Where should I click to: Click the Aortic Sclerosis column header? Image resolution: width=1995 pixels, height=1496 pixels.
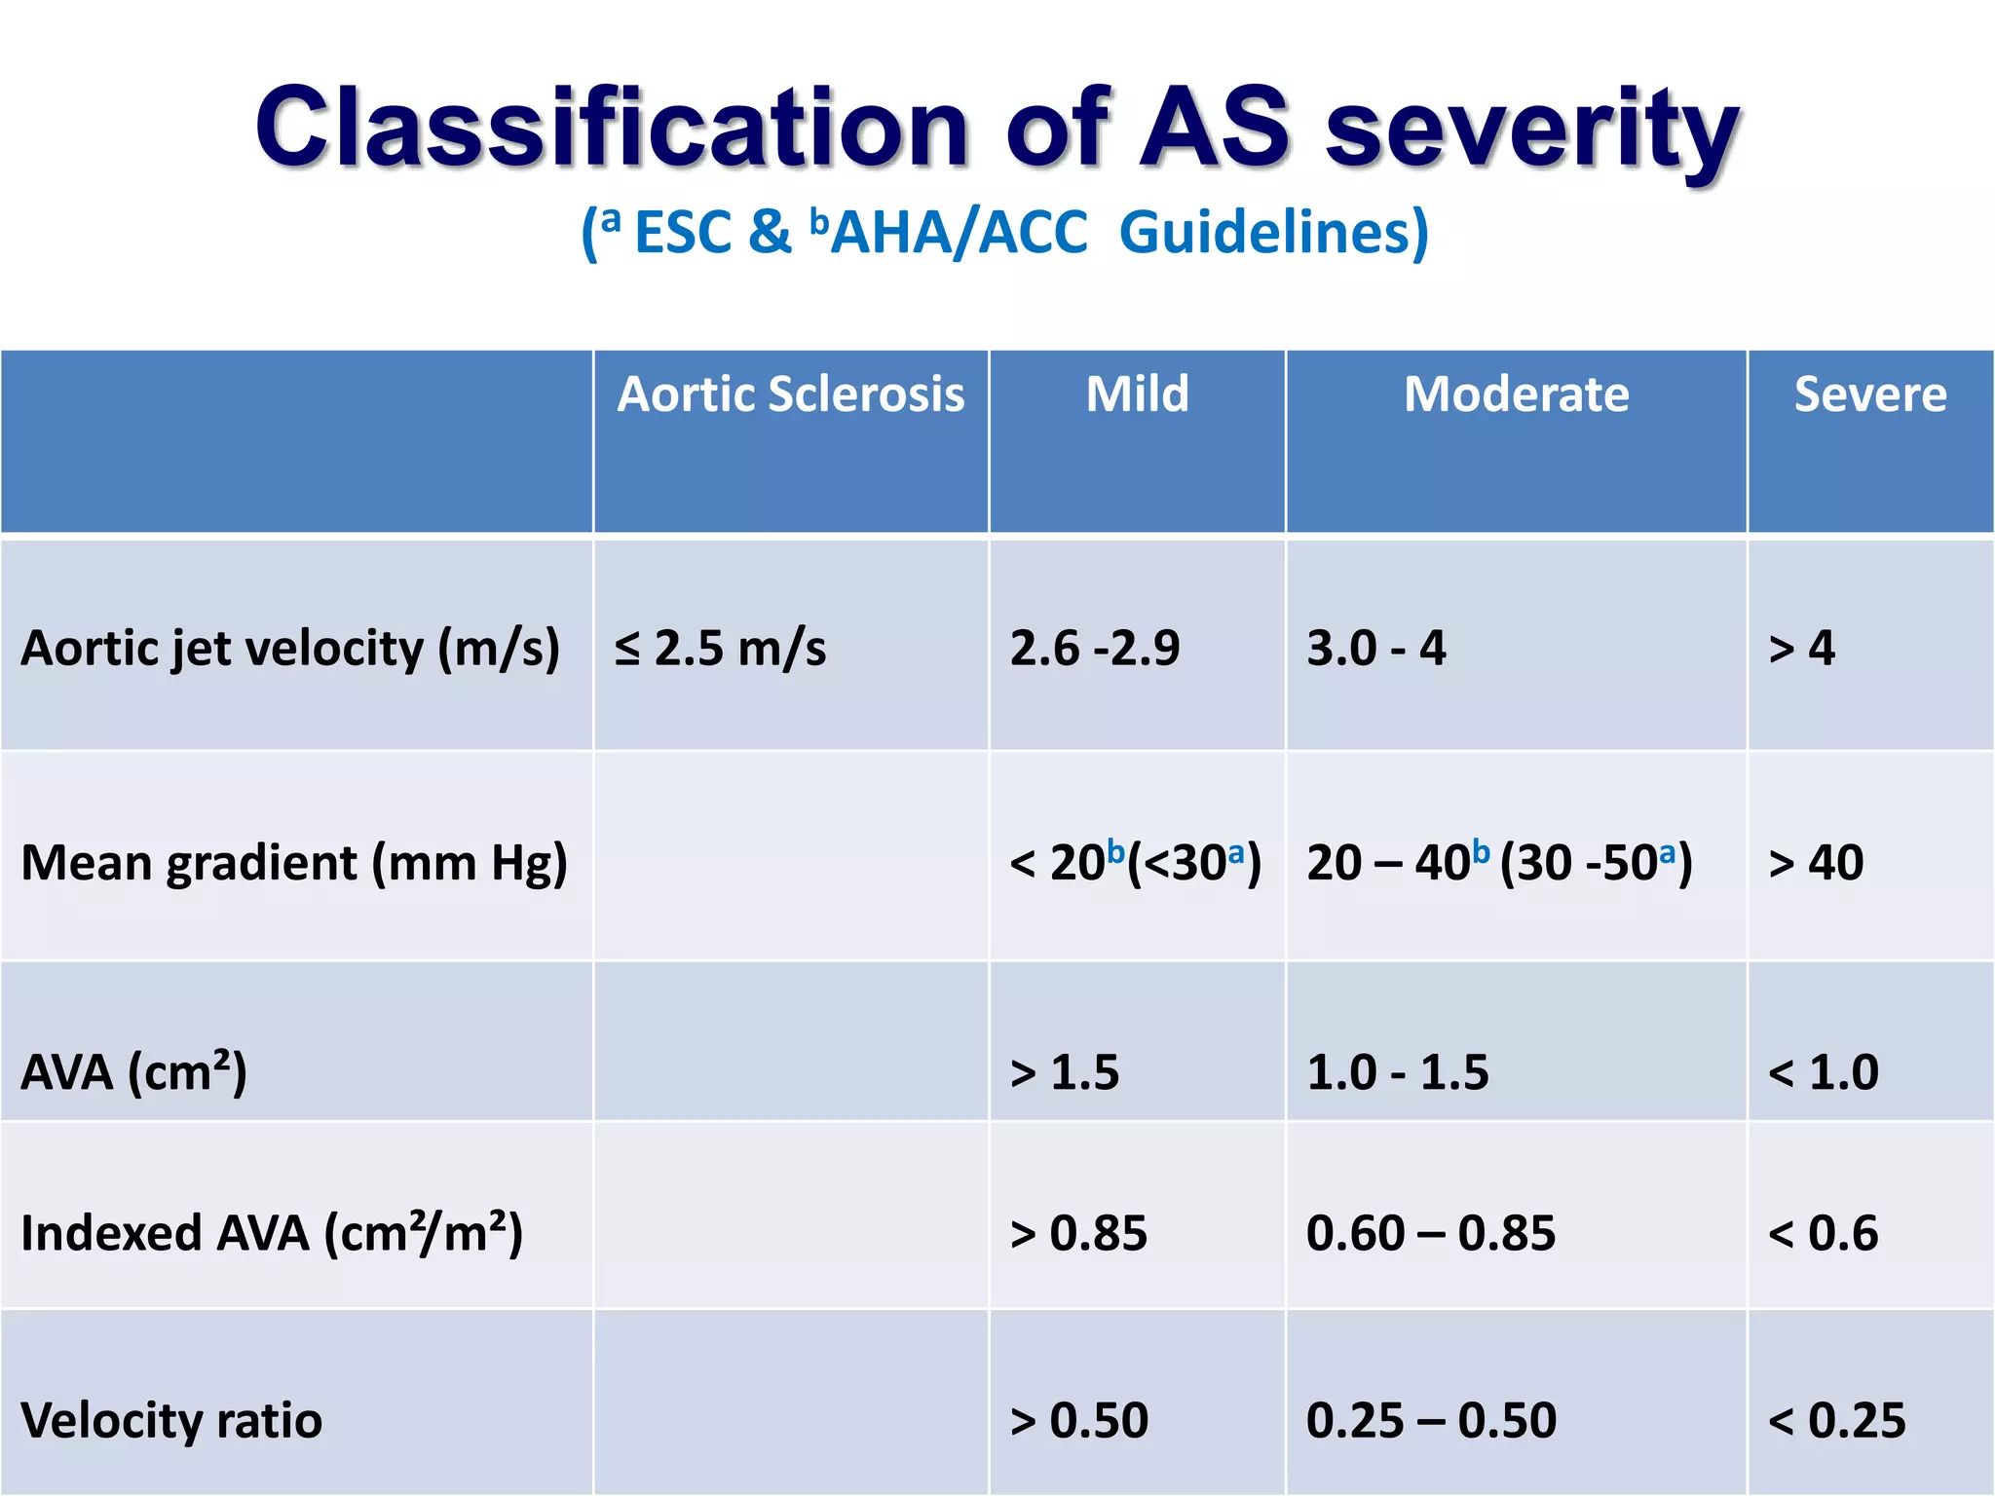click(790, 394)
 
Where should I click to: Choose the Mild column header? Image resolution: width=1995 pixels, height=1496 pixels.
click(1137, 394)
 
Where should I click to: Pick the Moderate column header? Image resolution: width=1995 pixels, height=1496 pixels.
click(1516, 394)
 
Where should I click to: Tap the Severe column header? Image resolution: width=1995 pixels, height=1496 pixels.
click(1869, 394)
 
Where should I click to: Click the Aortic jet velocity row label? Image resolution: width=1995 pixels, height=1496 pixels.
click(290, 649)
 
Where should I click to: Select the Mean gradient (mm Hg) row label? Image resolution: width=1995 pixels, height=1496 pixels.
click(294, 863)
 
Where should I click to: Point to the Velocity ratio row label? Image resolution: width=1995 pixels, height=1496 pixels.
click(171, 1420)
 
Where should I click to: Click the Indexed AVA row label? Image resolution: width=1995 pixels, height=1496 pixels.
click(272, 1233)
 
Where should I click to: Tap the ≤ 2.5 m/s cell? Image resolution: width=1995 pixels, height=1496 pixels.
click(720, 649)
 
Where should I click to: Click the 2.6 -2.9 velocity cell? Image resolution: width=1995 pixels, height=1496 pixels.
click(1094, 649)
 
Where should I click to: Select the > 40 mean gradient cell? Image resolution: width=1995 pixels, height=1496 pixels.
click(1816, 863)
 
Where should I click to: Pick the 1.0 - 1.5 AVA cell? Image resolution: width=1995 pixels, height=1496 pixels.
click(1397, 1072)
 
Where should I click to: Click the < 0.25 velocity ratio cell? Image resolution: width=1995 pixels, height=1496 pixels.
click(1836, 1420)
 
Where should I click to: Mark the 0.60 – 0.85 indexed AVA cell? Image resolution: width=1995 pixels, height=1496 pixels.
click(1430, 1233)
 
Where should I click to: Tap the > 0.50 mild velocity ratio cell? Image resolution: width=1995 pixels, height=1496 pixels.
click(1079, 1420)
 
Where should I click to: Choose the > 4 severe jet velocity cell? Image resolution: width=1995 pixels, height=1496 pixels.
click(1801, 649)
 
